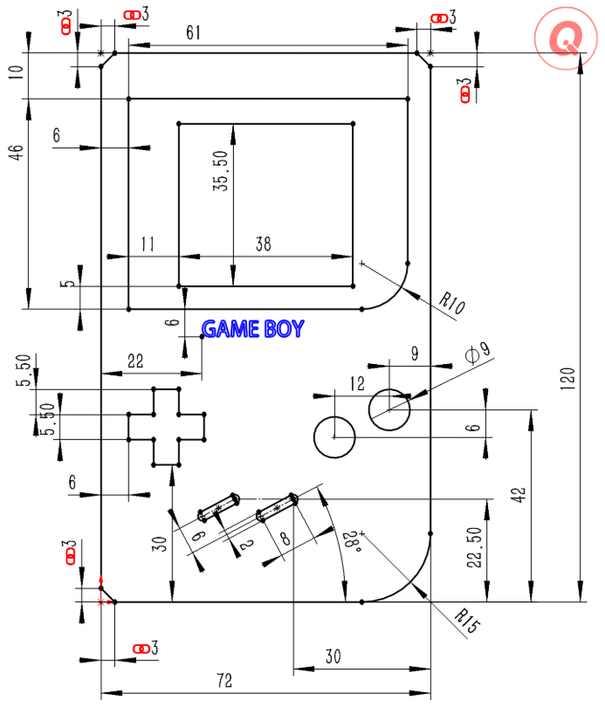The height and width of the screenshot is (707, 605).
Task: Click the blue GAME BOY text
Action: pyautogui.click(x=253, y=329)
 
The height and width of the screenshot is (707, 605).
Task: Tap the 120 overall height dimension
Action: pyautogui.click(x=567, y=377)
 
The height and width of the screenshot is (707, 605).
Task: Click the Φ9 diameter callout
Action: pyautogui.click(x=479, y=353)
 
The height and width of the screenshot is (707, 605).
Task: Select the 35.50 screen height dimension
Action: pyautogui.click(x=222, y=170)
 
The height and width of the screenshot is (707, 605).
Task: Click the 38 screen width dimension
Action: pyautogui.click(x=262, y=245)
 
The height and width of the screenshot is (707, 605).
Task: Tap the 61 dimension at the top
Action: pyautogui.click(x=194, y=33)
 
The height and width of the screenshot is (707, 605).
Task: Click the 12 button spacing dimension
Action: pyautogui.click(x=356, y=382)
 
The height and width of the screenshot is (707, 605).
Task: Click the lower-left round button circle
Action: pyautogui.click(x=333, y=437)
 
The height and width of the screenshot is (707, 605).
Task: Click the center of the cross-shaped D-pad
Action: pyautogui.click(x=166, y=427)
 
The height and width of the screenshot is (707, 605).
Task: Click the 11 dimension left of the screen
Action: pyautogui.click(x=147, y=245)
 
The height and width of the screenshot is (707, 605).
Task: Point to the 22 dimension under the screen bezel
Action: pyautogui.click(x=135, y=360)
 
